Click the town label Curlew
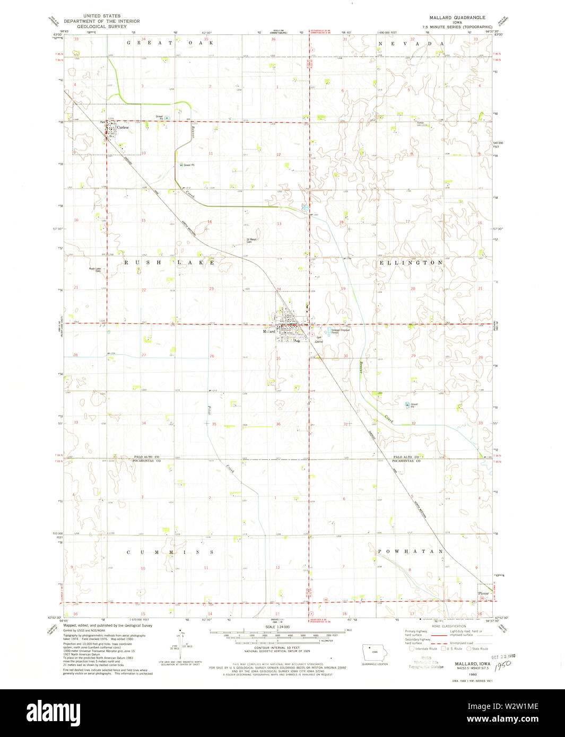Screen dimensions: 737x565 pos(123,128)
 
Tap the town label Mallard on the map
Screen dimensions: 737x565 pos(269,331)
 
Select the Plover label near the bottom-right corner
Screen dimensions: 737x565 pos(483,593)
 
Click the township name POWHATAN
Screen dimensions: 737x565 pos(410,552)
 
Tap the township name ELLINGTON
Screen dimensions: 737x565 pos(411,262)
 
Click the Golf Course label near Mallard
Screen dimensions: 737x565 pos(319,339)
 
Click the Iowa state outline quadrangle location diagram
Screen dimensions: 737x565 pos(375,652)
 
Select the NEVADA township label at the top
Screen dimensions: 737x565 pos(411,42)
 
